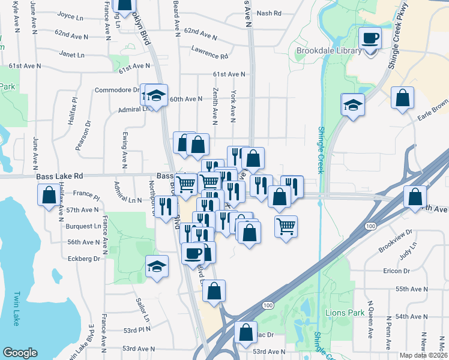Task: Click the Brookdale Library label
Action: pos(329,51)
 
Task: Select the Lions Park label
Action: pos(345,313)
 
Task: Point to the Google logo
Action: pos(20,353)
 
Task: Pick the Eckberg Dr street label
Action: pos(82,259)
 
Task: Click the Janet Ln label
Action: pos(71,54)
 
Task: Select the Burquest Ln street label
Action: pos(83,227)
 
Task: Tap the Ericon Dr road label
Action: pos(396,271)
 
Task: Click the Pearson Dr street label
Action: pos(88,131)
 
